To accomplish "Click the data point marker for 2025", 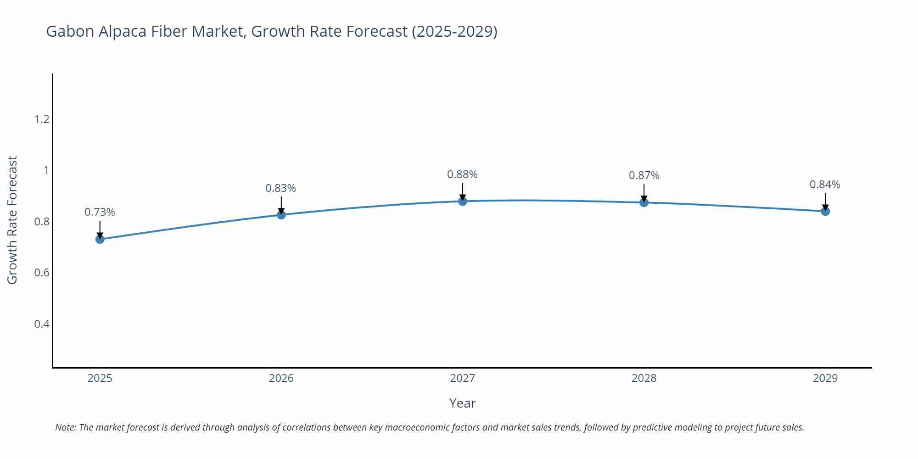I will click(x=100, y=239).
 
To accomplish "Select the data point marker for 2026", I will click(x=281, y=214).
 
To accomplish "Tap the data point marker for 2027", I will click(x=463, y=201).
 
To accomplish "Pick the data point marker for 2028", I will click(x=644, y=202).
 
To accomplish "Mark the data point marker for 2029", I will click(x=825, y=211).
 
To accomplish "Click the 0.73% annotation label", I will click(x=100, y=212).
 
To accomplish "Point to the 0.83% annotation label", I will click(x=281, y=188).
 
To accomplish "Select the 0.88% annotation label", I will click(x=463, y=174).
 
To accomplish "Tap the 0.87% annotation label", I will click(x=644, y=175).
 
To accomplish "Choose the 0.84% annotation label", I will click(x=825, y=185).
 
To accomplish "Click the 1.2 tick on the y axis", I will click(x=42, y=119).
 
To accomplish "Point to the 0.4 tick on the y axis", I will click(x=42, y=324).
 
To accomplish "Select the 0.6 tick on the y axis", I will click(x=42, y=273).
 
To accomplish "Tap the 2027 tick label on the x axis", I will click(x=463, y=378).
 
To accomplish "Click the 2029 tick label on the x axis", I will click(x=825, y=378).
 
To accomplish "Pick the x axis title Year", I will click(x=463, y=403).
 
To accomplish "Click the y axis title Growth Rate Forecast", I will click(x=12, y=220).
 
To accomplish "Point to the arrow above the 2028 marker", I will click(x=644, y=192).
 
